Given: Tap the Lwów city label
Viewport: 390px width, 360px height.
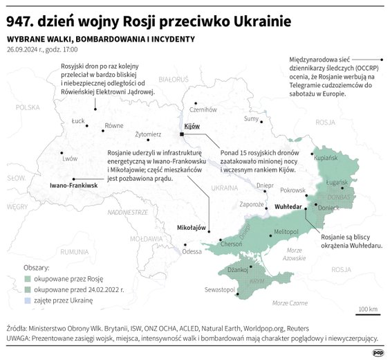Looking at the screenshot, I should tap(70, 158).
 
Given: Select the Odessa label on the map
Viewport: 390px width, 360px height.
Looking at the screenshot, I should tap(192, 252).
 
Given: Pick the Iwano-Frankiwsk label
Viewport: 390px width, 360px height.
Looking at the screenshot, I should tap(74, 186).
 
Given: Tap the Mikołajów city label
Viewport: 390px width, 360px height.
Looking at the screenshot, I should tap(192, 227).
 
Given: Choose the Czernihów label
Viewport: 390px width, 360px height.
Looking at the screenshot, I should tap(203, 109).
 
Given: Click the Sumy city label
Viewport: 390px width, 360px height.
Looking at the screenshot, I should tap(252, 119).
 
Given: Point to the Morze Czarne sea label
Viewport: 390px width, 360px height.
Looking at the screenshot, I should tap(290, 303).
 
